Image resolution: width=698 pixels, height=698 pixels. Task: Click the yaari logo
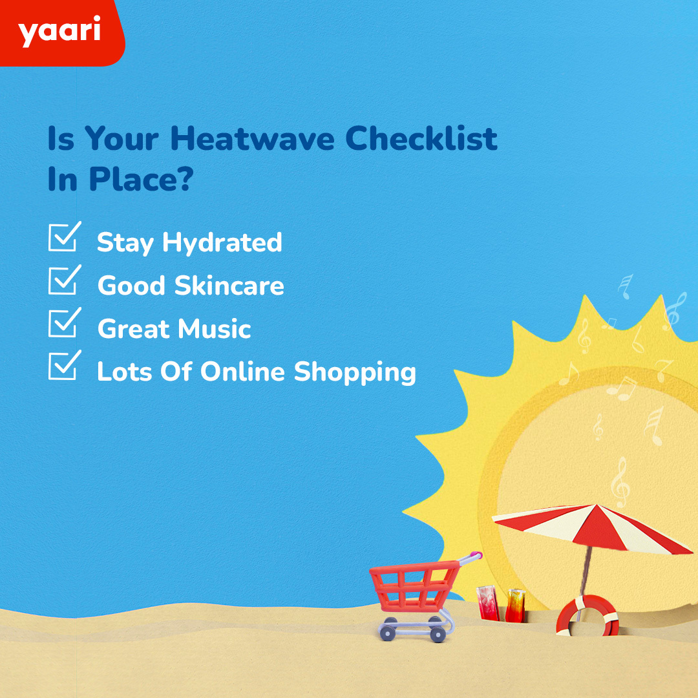(59, 32)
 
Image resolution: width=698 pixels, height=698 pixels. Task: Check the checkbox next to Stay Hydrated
(64, 237)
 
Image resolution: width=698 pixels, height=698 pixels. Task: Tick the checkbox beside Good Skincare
(64, 280)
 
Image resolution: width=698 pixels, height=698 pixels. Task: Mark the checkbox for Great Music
(64, 323)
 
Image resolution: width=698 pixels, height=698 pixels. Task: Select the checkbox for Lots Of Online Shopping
(64, 366)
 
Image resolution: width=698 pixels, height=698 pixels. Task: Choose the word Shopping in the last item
(355, 372)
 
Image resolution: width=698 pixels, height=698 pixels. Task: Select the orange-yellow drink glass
(515, 605)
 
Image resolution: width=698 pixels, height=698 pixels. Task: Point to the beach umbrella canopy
(588, 527)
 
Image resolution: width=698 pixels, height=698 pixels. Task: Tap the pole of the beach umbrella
(586, 569)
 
